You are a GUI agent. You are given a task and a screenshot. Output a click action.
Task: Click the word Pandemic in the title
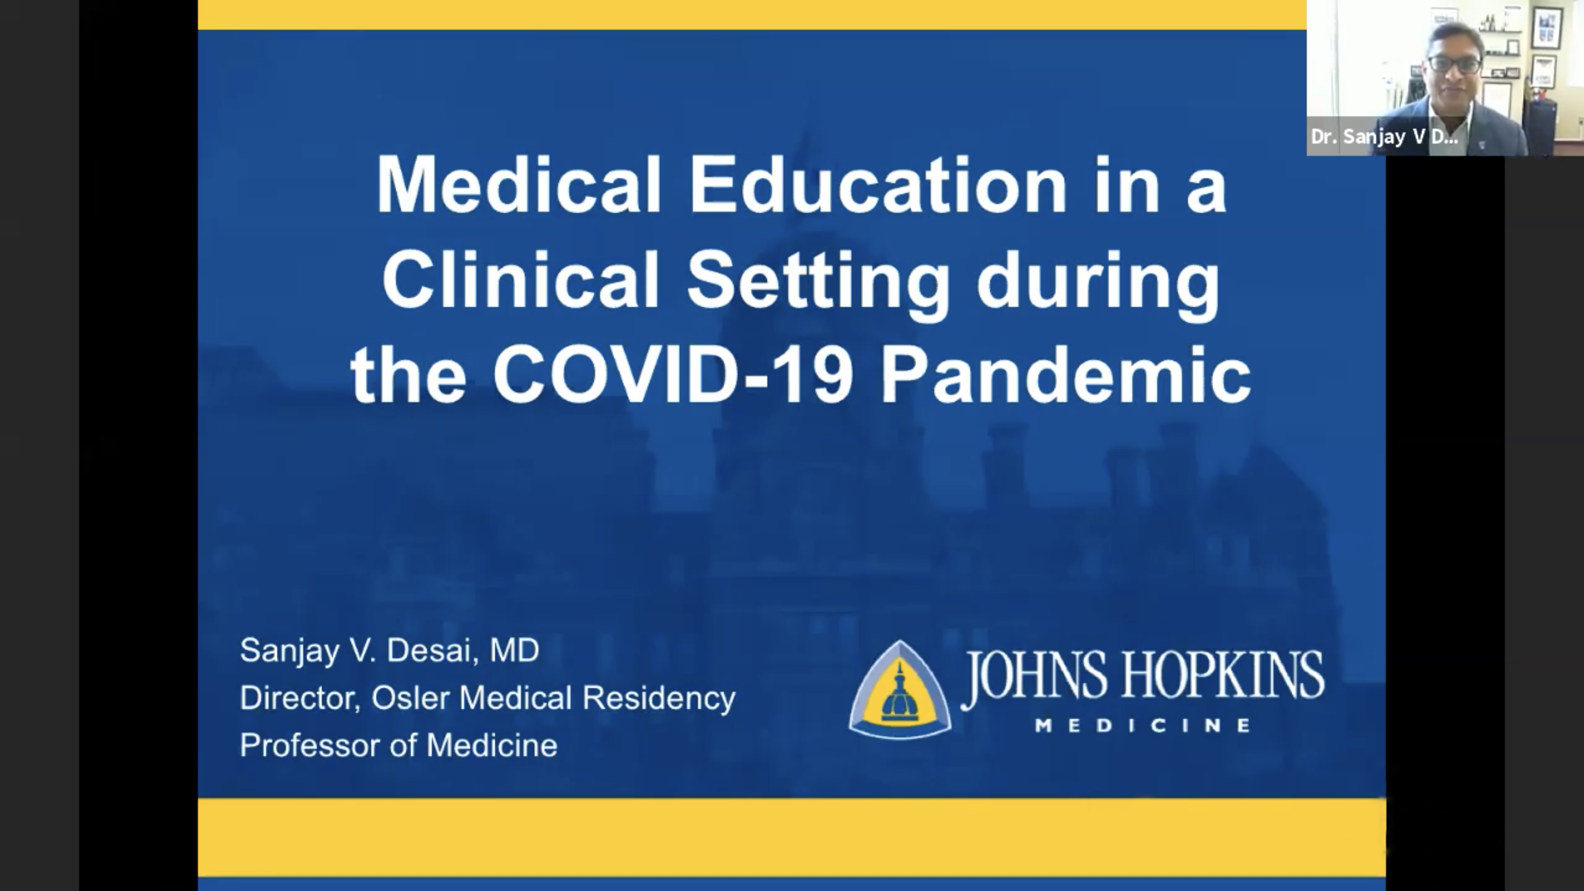coord(1066,375)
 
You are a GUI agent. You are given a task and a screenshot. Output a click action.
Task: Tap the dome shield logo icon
coord(900,689)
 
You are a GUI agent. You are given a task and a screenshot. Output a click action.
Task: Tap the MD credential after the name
coord(514,650)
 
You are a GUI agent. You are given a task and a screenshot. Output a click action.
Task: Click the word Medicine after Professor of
coord(492,745)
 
